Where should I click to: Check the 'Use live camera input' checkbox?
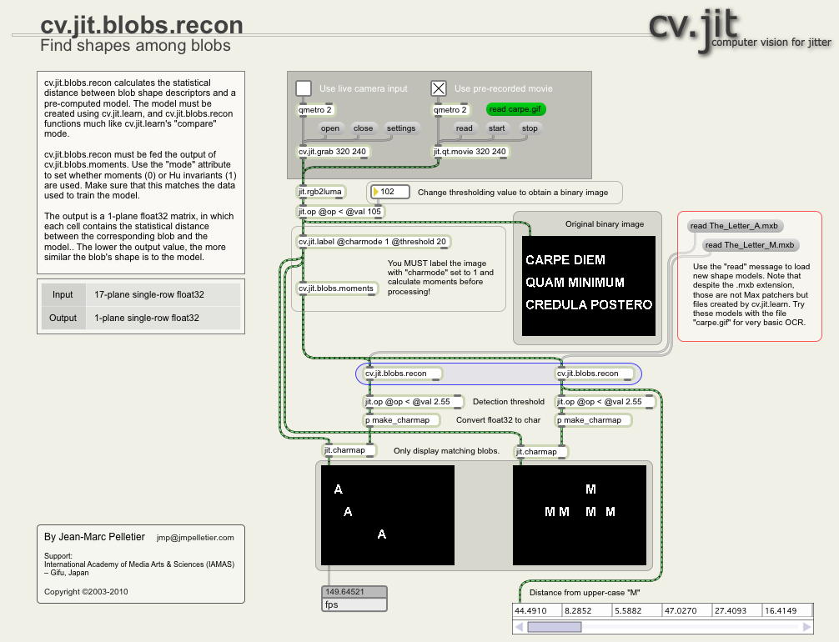pos(304,88)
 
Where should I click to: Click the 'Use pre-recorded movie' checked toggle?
pos(439,88)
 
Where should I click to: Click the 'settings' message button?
pos(401,128)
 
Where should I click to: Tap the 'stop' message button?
pos(530,128)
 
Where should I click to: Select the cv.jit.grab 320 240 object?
pos(333,152)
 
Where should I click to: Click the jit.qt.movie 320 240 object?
pos(470,152)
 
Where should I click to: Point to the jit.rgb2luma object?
pos(321,192)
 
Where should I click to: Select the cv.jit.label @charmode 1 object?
pos(373,242)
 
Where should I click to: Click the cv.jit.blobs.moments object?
pos(336,288)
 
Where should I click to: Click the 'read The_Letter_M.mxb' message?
pos(748,245)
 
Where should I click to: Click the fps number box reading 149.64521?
pos(354,592)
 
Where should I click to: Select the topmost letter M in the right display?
pos(591,489)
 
